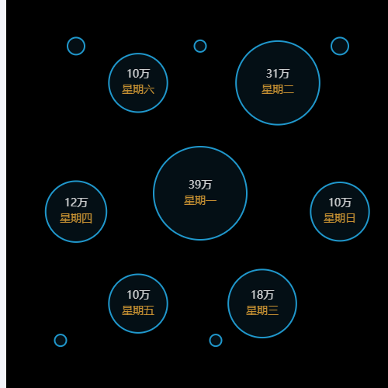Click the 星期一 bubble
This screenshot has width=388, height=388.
pos(200,193)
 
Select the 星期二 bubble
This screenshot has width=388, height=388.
pos(278,83)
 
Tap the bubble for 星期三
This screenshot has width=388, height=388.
pos(262,303)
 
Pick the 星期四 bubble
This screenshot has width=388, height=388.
pos(76,211)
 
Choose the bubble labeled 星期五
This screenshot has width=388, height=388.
pos(138,303)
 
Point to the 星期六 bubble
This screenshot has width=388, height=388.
pos(138,83)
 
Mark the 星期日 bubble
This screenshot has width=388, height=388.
pos(340,211)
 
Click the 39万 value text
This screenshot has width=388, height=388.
pos(200,185)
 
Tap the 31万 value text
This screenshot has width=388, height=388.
pos(278,74)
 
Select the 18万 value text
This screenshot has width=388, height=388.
pos(262,295)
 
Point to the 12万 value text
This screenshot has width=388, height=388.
pos(76,203)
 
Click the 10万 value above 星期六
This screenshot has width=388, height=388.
pos(138,74)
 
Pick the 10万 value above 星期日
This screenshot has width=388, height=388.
pos(340,203)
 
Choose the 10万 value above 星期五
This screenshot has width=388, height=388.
pos(138,295)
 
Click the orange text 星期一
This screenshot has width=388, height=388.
pos(200,200)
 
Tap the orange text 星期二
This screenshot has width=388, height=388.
pos(278,89)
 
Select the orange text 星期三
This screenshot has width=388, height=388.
pos(262,310)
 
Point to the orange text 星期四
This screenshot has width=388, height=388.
pos(76,218)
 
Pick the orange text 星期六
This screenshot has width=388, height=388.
pos(138,89)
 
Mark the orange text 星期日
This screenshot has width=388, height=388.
pos(340,218)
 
